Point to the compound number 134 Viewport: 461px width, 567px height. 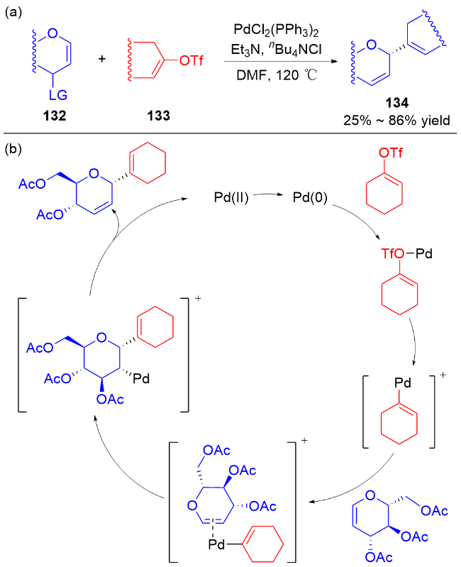pos(394,106)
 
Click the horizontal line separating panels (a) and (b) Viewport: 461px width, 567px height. pos(230,133)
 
